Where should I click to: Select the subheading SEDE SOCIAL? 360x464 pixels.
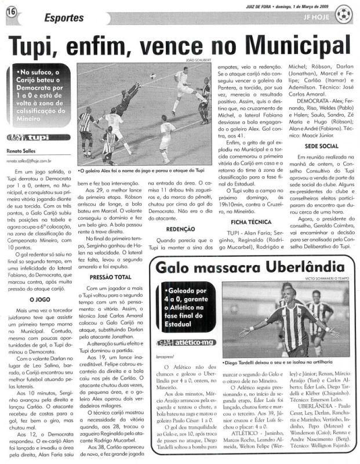click(318, 147)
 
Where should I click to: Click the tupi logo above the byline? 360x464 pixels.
click(28, 138)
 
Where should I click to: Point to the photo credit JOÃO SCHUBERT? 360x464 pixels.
click(198, 60)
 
